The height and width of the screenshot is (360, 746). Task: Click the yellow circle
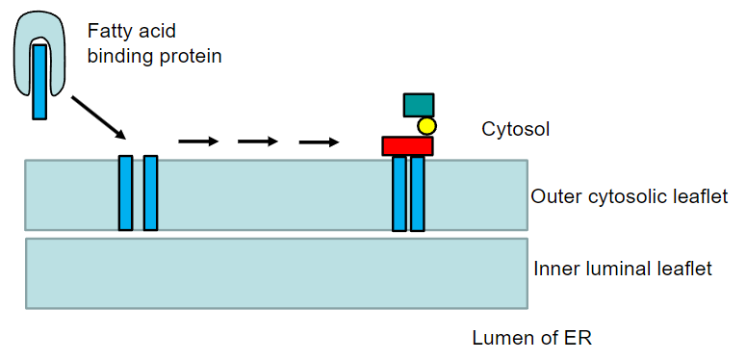click(426, 126)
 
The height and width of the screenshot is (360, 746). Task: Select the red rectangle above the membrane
click(408, 146)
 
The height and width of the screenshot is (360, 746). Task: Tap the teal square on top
click(419, 105)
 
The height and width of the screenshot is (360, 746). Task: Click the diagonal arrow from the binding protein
click(99, 117)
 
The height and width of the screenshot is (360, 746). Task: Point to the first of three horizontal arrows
click(198, 141)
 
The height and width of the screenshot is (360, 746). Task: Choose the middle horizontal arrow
click(258, 141)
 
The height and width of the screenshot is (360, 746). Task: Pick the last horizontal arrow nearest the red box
click(319, 141)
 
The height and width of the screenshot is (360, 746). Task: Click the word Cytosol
click(515, 129)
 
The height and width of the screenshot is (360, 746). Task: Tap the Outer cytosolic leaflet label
click(629, 196)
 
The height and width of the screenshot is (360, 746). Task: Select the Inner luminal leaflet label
click(623, 269)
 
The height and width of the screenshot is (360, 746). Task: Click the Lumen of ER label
click(532, 338)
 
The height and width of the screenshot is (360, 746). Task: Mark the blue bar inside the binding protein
click(39, 82)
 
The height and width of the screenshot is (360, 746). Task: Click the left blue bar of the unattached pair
click(125, 193)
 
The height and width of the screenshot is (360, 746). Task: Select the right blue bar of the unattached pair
click(150, 193)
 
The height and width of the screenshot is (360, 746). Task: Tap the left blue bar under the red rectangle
click(399, 193)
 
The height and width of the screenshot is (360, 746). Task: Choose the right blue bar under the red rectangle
click(417, 193)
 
